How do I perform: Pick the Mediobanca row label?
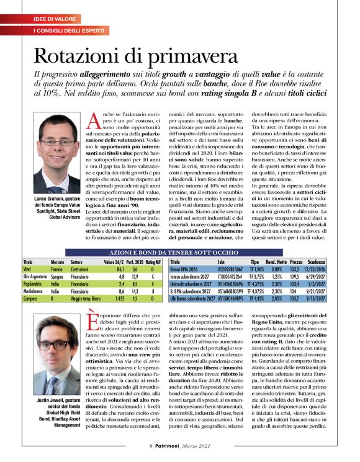[x=33, y=290]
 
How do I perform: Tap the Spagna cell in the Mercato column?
[x=58, y=276]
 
